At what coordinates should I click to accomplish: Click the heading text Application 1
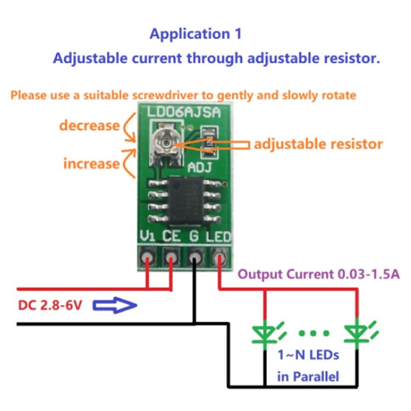(x=195, y=34)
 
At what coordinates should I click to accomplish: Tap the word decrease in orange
(x=89, y=125)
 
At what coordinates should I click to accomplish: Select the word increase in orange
(x=91, y=163)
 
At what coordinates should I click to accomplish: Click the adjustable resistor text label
(x=318, y=144)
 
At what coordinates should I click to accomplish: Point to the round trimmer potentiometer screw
(x=165, y=142)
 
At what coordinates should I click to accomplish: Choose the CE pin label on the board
(x=171, y=236)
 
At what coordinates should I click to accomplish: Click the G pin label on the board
(x=194, y=236)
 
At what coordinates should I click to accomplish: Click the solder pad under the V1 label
(x=147, y=257)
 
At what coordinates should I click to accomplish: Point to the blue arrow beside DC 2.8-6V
(x=115, y=305)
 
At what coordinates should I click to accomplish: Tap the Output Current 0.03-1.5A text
(x=319, y=274)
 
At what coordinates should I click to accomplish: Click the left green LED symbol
(x=265, y=333)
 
